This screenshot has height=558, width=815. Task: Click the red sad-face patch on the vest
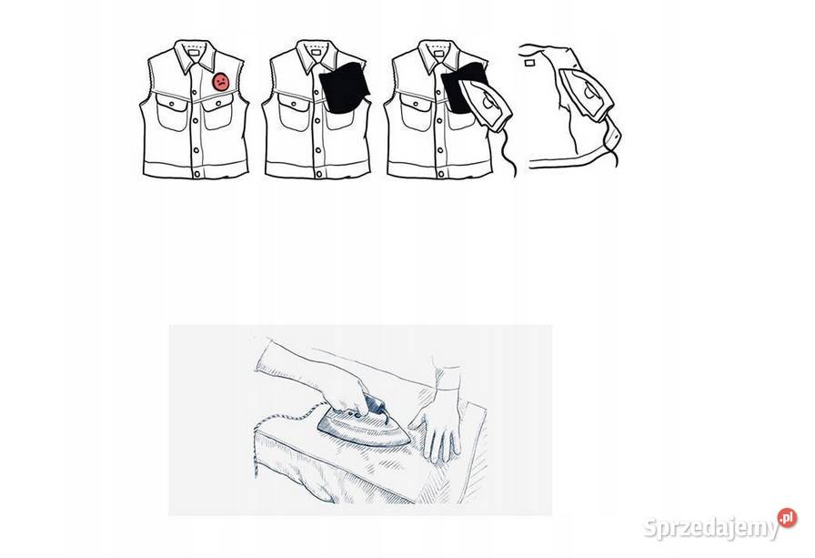tap(220, 82)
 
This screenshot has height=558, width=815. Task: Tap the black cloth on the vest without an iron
tap(344, 87)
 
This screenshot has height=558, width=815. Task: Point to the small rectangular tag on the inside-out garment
tap(530, 63)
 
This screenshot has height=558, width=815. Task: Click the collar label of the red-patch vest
tap(195, 53)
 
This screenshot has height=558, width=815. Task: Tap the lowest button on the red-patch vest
tap(196, 174)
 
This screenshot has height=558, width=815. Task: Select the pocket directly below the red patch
tap(217, 111)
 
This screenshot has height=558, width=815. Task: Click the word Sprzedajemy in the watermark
tap(711, 528)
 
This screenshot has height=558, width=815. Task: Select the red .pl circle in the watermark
tap(788, 518)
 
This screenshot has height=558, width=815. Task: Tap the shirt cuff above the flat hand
tap(448, 377)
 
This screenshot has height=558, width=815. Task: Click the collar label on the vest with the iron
tap(438, 53)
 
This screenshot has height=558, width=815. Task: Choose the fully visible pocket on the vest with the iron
tap(415, 112)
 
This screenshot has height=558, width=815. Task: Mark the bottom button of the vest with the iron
tap(441, 174)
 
